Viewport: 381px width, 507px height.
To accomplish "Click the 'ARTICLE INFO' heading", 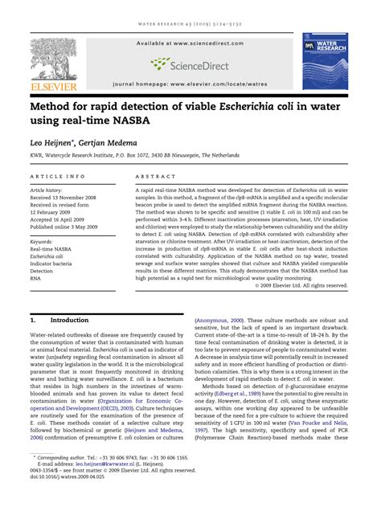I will pos(58,174).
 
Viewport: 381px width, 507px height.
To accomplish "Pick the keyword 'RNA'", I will pos(36,277).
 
